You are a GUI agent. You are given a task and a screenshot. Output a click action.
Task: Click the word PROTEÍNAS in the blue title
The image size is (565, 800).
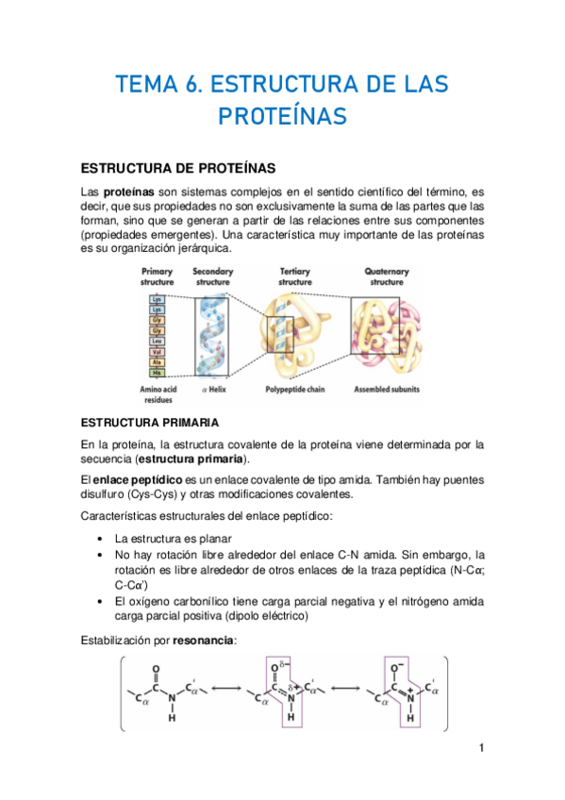click(x=282, y=116)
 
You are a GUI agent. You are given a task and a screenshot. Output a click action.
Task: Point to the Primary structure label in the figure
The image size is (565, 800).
click(x=157, y=276)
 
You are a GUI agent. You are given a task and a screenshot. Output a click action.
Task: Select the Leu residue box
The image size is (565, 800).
click(x=157, y=342)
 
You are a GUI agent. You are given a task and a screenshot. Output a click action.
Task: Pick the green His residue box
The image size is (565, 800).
click(x=157, y=373)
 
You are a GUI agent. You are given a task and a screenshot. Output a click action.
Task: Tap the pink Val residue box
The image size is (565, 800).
click(x=157, y=352)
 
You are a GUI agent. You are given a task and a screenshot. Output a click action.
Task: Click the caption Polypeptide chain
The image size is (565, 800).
click(x=295, y=389)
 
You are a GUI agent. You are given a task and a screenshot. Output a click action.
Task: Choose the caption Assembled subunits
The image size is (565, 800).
click(x=387, y=389)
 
